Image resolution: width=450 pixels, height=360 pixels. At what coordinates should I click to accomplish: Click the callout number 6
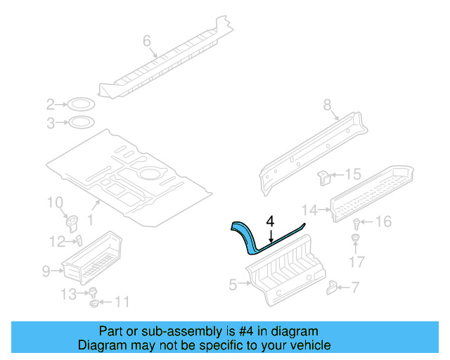pos(147,41)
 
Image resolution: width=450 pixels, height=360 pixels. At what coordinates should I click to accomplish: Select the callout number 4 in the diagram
pos(270,221)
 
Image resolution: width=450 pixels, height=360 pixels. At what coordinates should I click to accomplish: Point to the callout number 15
pos(352,174)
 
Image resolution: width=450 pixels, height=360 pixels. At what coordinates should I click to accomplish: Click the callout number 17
pos(357,263)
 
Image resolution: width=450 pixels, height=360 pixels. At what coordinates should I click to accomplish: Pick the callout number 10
pos(54,203)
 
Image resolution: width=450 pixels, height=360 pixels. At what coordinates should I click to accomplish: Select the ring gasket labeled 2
pos(82,105)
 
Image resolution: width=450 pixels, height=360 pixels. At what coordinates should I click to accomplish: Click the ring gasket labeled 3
pos(82,124)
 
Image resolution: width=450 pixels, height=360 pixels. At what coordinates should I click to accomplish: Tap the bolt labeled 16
pos(356,225)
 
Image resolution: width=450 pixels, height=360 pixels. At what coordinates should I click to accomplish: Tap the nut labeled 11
pos(94,304)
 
